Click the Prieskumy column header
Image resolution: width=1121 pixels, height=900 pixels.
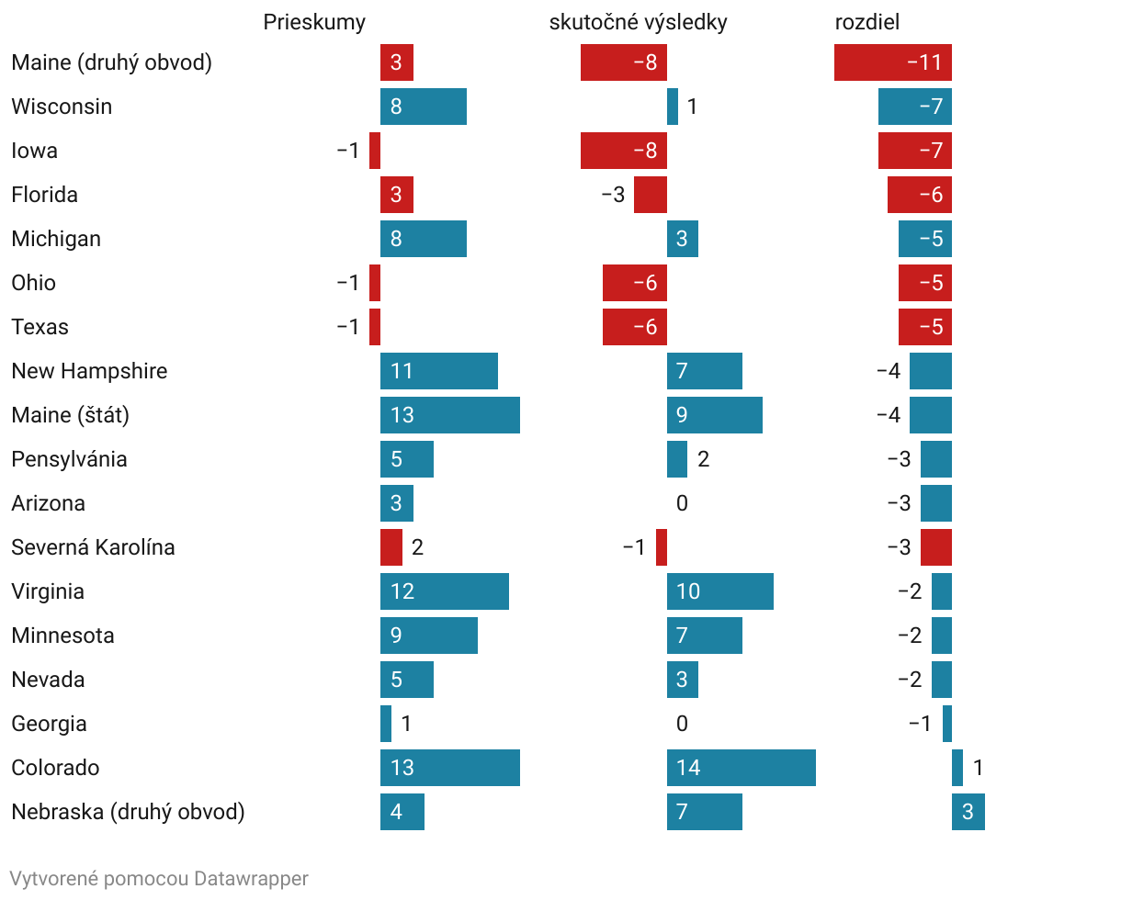click(314, 23)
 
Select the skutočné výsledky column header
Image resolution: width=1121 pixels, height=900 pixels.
click(638, 23)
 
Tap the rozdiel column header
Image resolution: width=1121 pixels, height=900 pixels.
click(866, 23)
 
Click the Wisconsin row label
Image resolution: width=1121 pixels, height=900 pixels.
click(62, 107)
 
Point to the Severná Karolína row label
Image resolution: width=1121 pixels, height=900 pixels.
click(93, 547)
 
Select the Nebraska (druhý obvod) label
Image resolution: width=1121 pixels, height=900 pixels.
click(128, 812)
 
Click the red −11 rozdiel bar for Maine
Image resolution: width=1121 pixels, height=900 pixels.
click(892, 62)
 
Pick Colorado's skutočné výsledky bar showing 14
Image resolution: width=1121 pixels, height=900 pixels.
click(741, 768)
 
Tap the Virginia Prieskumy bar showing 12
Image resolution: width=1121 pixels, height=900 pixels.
click(444, 591)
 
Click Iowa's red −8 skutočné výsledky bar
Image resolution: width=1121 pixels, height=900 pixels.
click(623, 151)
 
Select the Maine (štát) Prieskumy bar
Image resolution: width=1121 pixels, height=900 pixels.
click(449, 415)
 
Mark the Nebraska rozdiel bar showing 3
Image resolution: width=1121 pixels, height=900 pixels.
click(968, 812)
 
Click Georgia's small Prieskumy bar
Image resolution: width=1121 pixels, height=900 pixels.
click(386, 724)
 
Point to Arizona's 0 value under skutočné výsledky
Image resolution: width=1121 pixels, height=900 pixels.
click(682, 503)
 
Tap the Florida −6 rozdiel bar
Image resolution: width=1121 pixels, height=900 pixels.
click(919, 195)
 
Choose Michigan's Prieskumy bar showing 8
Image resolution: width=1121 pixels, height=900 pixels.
click(423, 239)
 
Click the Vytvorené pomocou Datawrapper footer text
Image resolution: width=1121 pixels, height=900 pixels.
click(159, 879)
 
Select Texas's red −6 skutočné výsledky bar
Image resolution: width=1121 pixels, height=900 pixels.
click(634, 327)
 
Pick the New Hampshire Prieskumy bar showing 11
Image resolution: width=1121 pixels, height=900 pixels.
click(438, 371)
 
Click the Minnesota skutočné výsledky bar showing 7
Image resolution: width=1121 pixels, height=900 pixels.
click(704, 636)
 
